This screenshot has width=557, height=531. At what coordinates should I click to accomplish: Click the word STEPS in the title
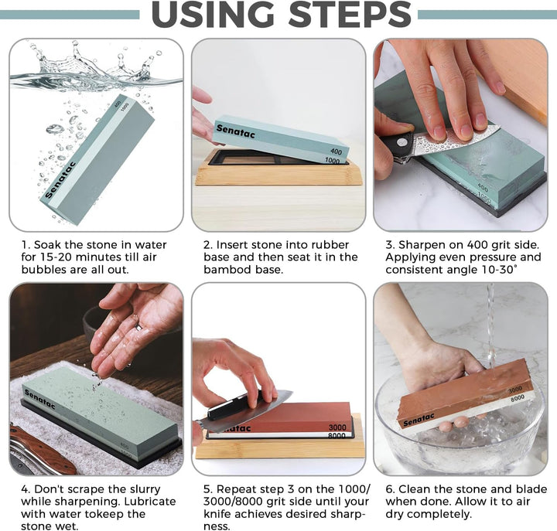pyautogui.click(x=349, y=14)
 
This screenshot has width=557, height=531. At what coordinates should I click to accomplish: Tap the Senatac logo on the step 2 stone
pyautogui.click(x=235, y=131)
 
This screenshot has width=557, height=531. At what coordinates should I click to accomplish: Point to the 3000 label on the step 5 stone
pyautogui.click(x=337, y=427)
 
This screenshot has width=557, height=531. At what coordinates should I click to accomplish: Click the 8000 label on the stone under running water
pyautogui.click(x=518, y=399)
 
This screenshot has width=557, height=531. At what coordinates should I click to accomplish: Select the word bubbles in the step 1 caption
pyautogui.click(x=44, y=270)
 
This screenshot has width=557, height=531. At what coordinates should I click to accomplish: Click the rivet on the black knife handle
pyautogui.click(x=402, y=143)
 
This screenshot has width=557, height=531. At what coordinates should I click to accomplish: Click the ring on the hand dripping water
pyautogui.click(x=139, y=326)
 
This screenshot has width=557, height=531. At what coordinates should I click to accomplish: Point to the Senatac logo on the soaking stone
pyautogui.click(x=61, y=180)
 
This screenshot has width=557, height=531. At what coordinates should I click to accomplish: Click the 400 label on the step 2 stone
pyautogui.click(x=336, y=151)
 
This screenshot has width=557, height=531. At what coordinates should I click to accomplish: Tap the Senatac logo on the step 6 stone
pyautogui.click(x=419, y=420)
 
